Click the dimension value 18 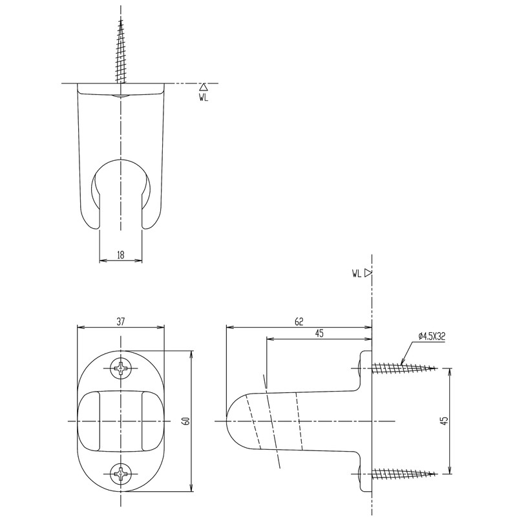pyautogui.click(x=121, y=255)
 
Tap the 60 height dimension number pyautogui.click(x=185, y=421)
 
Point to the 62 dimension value pyautogui.click(x=299, y=321)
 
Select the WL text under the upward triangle pyautogui.click(x=204, y=98)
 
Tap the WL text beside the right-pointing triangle pyautogui.click(x=357, y=273)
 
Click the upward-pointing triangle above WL pyautogui.click(x=204, y=87)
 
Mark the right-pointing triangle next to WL pyautogui.click(x=368, y=273)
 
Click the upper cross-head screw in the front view pyautogui.click(x=121, y=368)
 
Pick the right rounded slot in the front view pyautogui.click(x=152, y=421)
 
